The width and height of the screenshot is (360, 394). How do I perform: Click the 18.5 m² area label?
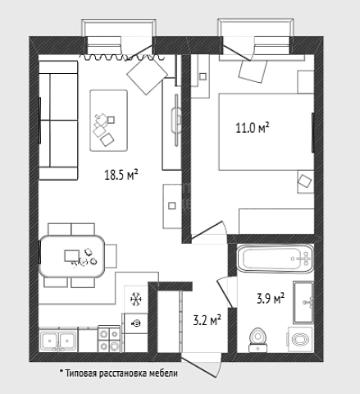pos(121,175)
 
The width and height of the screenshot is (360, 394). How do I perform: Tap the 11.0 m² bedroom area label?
pos(253,128)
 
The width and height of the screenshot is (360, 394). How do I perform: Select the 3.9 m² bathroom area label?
pos(271,298)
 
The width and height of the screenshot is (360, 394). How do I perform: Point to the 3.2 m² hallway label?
pos(207,320)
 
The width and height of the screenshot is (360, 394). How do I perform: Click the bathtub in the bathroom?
pos(275,259)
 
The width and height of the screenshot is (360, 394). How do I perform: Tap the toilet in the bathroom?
pos(257,340)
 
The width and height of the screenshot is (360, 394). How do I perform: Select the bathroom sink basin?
pos(303,302)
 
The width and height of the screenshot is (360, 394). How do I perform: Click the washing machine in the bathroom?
pos(300,339)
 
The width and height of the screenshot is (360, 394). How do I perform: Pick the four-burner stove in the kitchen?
pos(109,339)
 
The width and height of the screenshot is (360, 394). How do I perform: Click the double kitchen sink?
pos(58,341)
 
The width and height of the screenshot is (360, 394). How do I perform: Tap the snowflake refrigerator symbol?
pos(136,299)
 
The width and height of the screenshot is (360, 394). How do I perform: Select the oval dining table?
pos(72,256)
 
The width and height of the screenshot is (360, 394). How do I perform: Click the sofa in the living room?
pos(58,120)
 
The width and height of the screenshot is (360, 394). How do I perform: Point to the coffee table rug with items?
pos(109,121)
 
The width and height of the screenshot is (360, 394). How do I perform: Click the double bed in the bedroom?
pos(267,132)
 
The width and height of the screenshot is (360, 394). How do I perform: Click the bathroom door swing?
pos(225,291)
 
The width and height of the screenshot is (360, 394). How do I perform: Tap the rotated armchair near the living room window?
pos(147,76)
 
